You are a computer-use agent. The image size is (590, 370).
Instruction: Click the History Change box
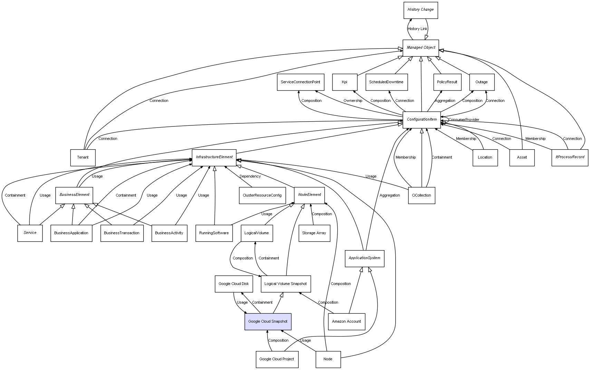click(420, 10)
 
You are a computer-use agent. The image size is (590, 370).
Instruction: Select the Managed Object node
click(420, 48)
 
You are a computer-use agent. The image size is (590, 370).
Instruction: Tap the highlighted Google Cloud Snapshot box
click(268, 322)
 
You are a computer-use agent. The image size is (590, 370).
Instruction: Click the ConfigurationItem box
click(422, 120)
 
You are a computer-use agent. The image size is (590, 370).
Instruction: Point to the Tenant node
click(83, 158)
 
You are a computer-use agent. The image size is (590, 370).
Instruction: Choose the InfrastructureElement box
click(214, 157)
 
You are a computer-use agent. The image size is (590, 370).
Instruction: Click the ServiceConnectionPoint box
click(300, 82)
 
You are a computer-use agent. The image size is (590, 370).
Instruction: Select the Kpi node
click(345, 82)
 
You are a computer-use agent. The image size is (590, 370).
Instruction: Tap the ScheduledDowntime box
click(386, 82)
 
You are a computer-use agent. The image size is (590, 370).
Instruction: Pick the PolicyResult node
click(447, 82)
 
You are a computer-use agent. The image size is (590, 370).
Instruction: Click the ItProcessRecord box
click(570, 157)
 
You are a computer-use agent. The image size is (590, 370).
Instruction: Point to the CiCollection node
click(422, 196)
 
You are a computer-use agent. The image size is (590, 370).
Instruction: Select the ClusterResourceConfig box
click(262, 196)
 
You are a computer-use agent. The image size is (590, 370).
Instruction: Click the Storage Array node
click(314, 233)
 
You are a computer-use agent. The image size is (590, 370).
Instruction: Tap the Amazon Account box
click(346, 322)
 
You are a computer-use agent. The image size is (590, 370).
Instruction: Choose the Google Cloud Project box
click(277, 359)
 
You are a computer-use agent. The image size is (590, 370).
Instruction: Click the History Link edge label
click(417, 29)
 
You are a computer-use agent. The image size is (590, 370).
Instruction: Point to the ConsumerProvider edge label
click(464, 120)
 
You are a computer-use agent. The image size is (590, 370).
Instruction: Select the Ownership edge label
click(353, 101)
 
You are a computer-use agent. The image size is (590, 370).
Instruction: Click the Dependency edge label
click(250, 177)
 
